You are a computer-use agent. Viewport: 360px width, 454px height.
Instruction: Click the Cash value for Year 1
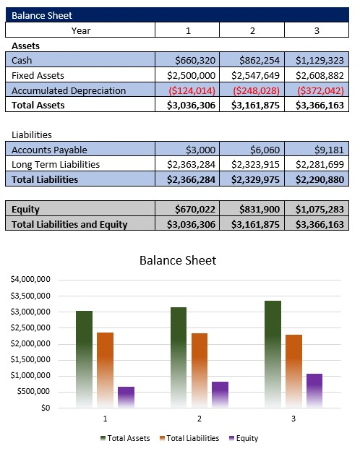196,60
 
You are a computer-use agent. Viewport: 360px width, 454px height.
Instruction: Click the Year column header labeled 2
252,30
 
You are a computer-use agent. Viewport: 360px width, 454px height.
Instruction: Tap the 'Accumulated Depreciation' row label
69,90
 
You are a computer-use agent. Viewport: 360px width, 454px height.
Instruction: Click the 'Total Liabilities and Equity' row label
69,224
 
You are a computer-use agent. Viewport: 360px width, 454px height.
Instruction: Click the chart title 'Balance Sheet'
177,260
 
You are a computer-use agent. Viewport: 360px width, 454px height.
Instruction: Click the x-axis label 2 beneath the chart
199,419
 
